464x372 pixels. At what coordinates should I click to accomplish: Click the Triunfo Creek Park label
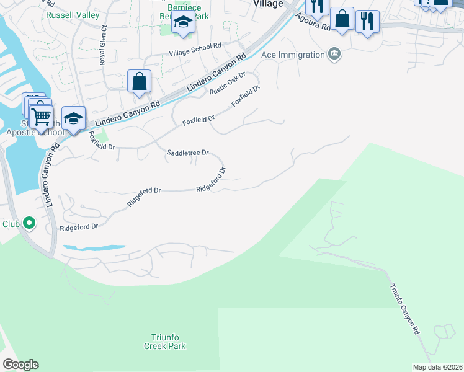pyautogui.click(x=168, y=342)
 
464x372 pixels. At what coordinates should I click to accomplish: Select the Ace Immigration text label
pyautogui.click(x=293, y=55)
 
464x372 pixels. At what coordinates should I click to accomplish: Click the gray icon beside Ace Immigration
pyautogui.click(x=335, y=55)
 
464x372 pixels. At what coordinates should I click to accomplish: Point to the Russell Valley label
pyautogui.click(x=68, y=13)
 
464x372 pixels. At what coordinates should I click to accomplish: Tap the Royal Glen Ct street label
pyautogui.click(x=104, y=45)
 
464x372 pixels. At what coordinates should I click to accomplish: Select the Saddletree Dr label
pyautogui.click(x=188, y=152)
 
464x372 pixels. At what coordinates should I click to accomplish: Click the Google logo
pyautogui.click(x=20, y=364)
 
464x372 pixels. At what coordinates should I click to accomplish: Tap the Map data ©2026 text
pyautogui.click(x=437, y=367)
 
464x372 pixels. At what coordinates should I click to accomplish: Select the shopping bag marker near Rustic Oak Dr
pyautogui.click(x=140, y=81)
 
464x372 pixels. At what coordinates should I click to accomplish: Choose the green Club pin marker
pyautogui.click(x=29, y=223)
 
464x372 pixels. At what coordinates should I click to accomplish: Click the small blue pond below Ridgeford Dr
pyautogui.click(x=93, y=247)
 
